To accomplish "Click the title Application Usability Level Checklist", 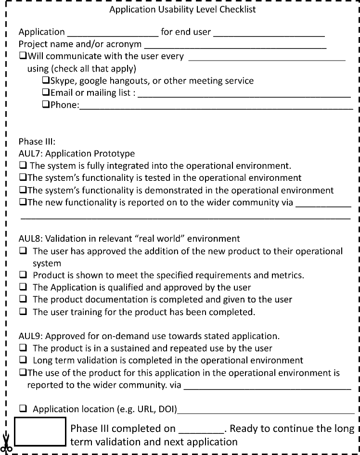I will (x=182, y=9).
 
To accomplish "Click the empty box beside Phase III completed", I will (x=40, y=431).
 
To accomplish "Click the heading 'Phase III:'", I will (x=37, y=142).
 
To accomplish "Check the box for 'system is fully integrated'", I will (x=23, y=166).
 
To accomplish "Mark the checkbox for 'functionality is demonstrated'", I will (x=23, y=190).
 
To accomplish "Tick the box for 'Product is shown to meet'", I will (x=23, y=275).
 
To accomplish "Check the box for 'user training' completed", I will (x=23, y=312).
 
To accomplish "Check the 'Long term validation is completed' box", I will (x=23, y=360).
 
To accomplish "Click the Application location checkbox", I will (x=23, y=409).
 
